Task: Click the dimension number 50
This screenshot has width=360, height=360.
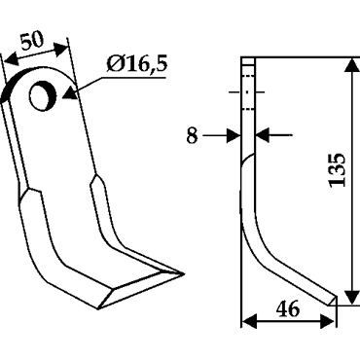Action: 32,41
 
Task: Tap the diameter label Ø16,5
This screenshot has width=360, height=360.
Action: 136,64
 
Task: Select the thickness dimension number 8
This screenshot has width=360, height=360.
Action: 192,135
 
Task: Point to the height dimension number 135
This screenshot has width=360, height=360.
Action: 337,169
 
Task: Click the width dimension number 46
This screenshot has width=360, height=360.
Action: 288,309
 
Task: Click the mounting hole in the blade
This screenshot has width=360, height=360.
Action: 43,95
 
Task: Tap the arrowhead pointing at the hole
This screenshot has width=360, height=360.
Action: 70,94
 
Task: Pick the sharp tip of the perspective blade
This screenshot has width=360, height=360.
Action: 183,274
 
